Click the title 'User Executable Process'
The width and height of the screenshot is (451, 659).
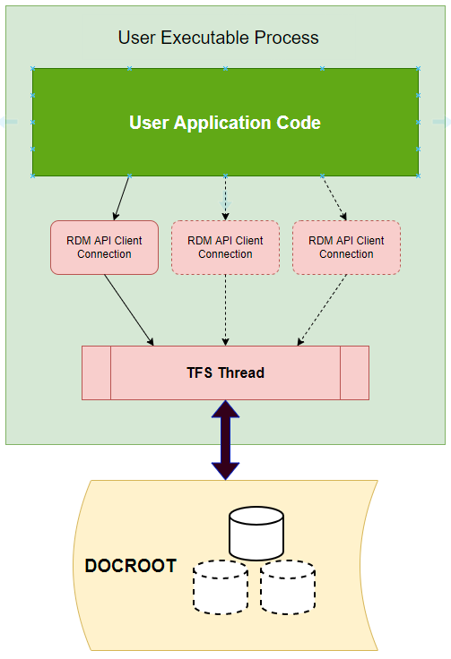(x=219, y=38)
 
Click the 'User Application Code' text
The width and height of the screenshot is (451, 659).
(x=225, y=123)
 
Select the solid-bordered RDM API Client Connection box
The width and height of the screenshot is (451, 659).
(x=104, y=247)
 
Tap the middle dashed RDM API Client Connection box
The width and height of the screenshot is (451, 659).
(x=226, y=247)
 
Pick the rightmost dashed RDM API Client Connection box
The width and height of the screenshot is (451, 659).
(x=346, y=247)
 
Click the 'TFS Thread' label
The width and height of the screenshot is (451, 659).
(x=226, y=372)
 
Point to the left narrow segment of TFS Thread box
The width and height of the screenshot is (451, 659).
(x=96, y=372)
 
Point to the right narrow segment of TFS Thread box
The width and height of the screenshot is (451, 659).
(x=355, y=372)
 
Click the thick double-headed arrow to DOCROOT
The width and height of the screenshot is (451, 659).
(x=226, y=440)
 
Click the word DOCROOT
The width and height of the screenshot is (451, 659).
(x=130, y=566)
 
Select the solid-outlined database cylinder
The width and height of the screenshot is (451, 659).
(x=256, y=534)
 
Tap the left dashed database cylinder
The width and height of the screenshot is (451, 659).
(x=221, y=587)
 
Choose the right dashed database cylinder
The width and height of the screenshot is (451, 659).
(x=288, y=587)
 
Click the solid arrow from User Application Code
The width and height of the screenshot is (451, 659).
(x=122, y=198)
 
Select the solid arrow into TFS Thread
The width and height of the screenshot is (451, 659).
(x=129, y=310)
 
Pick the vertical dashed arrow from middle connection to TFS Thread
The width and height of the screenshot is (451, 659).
(x=226, y=310)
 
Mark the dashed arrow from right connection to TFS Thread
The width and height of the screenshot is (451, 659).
(x=322, y=310)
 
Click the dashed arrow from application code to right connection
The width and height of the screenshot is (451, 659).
(x=334, y=198)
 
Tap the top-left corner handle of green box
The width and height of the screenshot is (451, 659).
(x=33, y=69)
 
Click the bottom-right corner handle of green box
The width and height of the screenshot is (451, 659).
(x=418, y=176)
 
